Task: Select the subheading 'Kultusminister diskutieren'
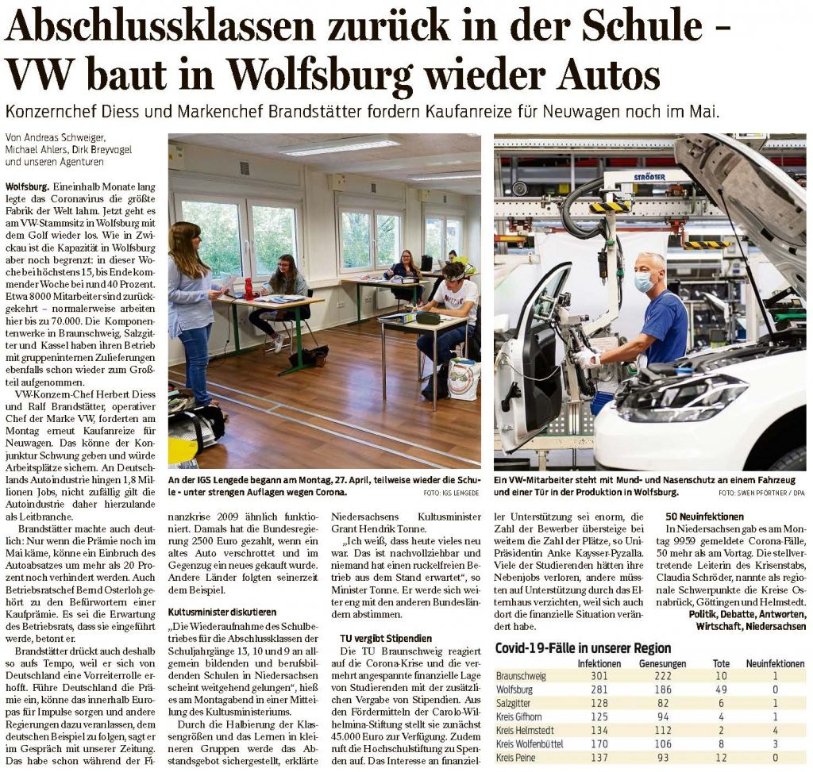tap(222, 612)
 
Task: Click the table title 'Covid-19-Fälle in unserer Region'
tap(583, 647)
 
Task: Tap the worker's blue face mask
tap(644, 281)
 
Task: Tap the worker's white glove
tap(587, 359)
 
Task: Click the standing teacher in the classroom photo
tap(191, 309)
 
